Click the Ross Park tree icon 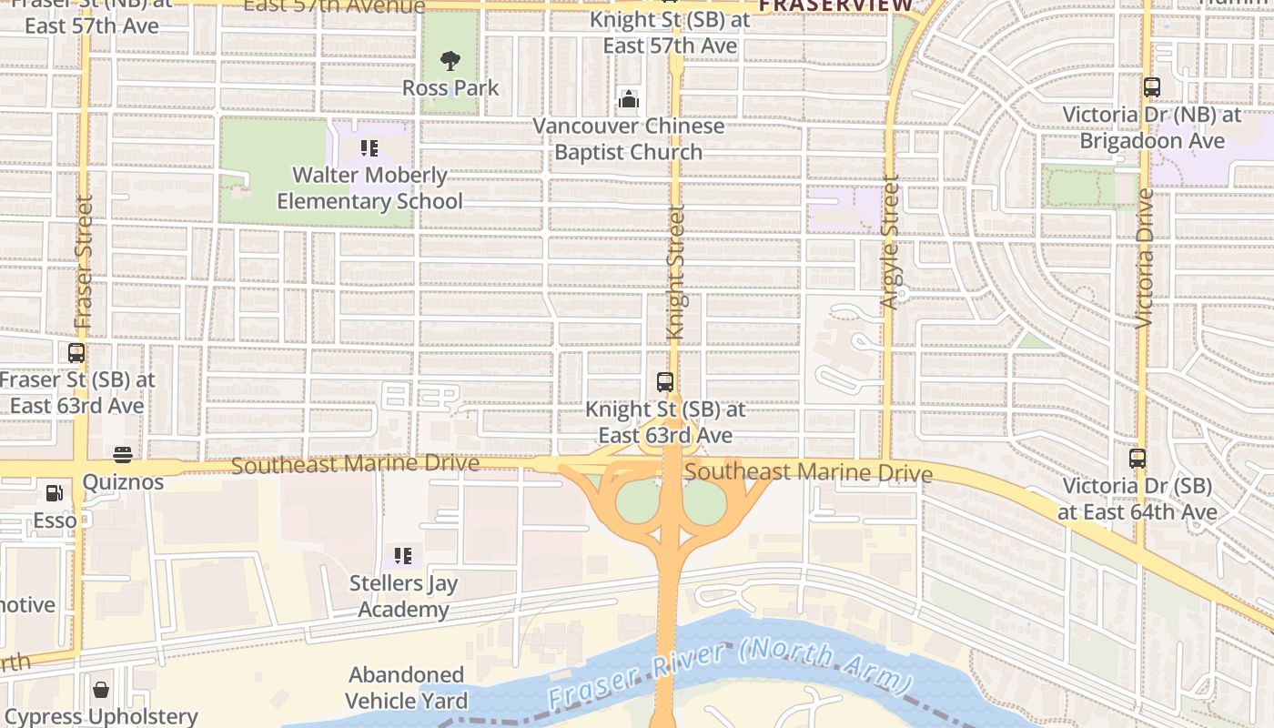click(450, 61)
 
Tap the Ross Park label click(451, 88)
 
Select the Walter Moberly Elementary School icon click(369, 147)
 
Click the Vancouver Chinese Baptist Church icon click(628, 99)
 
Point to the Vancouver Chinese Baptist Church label click(628, 139)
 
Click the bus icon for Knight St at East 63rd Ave click(665, 382)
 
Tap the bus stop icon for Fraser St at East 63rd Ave click(76, 353)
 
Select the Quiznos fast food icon click(123, 455)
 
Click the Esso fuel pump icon click(55, 493)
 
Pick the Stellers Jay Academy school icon click(403, 555)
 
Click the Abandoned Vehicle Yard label click(406, 688)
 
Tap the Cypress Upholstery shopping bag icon click(101, 690)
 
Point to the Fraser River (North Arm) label click(729, 675)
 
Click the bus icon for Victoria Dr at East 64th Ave click(1137, 459)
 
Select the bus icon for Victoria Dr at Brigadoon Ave click(1151, 88)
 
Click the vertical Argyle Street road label click(891, 242)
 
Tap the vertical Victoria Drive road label click(1145, 257)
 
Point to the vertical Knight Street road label click(675, 273)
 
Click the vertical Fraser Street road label click(84, 262)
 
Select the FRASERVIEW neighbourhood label click(835, 5)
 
